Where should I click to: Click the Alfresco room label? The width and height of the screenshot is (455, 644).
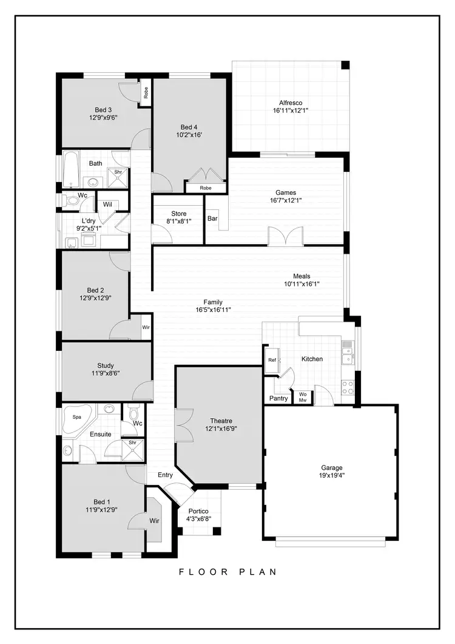point(291,103)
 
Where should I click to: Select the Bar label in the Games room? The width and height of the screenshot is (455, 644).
point(213,219)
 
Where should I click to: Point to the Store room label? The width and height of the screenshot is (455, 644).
point(178,214)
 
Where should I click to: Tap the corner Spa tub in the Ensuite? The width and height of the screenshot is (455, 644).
point(77,419)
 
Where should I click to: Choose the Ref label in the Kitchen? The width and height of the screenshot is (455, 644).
point(272,360)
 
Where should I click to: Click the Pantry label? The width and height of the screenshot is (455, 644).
point(278,399)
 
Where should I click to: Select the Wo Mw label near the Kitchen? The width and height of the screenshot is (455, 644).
point(303,397)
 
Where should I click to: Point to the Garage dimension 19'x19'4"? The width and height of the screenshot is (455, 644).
point(332,476)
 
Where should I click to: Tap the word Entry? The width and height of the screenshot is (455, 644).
point(165,475)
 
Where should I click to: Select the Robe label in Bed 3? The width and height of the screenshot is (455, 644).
point(146,93)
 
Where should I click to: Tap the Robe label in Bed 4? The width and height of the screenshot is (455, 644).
point(206,188)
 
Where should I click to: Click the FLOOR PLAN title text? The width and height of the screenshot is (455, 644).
point(227,571)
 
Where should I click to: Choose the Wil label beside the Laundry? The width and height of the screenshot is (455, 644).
point(107,205)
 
